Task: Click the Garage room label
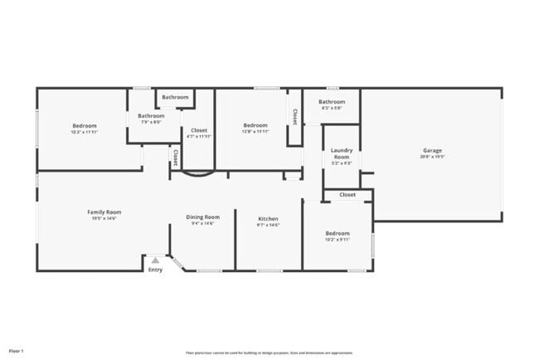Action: coord(432,150)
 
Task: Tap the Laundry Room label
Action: coord(342,153)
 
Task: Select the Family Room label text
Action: coord(104,212)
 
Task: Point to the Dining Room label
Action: coord(204,217)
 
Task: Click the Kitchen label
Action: coord(268,218)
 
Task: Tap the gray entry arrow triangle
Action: coord(154,260)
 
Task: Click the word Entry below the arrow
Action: coord(155,270)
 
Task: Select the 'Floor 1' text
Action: coord(17,351)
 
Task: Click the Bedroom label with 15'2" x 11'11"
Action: coord(84,125)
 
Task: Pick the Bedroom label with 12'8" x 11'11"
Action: coord(255,125)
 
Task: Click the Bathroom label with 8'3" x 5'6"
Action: coord(332,102)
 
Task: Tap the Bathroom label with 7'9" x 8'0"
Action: coord(151,116)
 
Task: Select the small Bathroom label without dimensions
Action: coord(175,97)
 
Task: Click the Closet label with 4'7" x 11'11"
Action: coord(199,130)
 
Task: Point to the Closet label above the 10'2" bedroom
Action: coord(347,195)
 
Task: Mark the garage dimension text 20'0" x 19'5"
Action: coord(432,156)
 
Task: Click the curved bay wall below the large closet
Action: coord(197,174)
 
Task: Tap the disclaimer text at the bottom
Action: coord(269,352)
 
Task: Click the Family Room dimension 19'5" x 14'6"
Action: coord(104,218)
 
